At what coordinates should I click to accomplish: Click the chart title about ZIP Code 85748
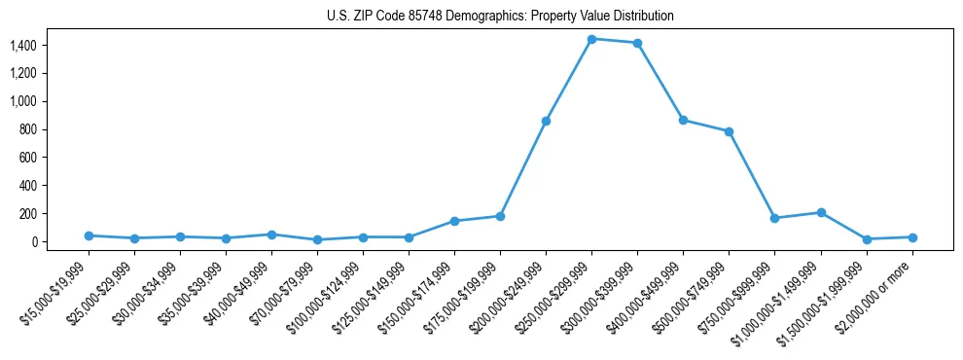(500, 17)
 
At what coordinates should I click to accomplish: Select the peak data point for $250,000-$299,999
(591, 39)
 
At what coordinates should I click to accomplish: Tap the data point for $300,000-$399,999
(637, 43)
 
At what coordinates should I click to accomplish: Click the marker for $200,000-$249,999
(546, 121)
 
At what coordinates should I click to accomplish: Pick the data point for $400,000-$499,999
(683, 120)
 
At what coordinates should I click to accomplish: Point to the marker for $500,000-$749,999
(729, 131)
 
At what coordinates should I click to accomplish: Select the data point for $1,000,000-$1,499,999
(821, 212)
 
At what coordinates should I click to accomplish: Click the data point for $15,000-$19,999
(89, 235)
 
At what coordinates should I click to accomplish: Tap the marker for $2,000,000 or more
(912, 237)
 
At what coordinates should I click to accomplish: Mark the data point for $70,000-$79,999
(317, 239)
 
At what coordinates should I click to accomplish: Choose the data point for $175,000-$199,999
(500, 216)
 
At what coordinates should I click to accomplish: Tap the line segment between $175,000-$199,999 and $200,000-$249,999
(523, 168)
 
